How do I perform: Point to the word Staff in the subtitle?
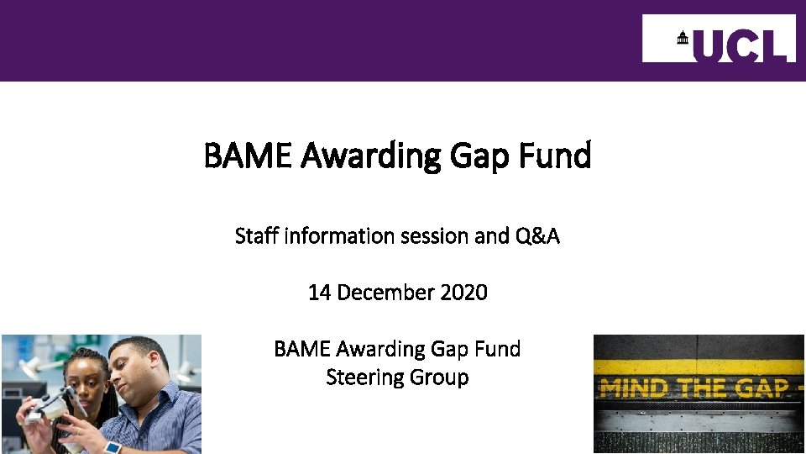[x=257, y=236]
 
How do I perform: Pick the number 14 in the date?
[x=319, y=293]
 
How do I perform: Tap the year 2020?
[x=463, y=293]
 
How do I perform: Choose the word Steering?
[x=364, y=377]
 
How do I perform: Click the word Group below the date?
[x=439, y=377]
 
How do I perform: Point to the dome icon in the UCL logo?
[x=682, y=38]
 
